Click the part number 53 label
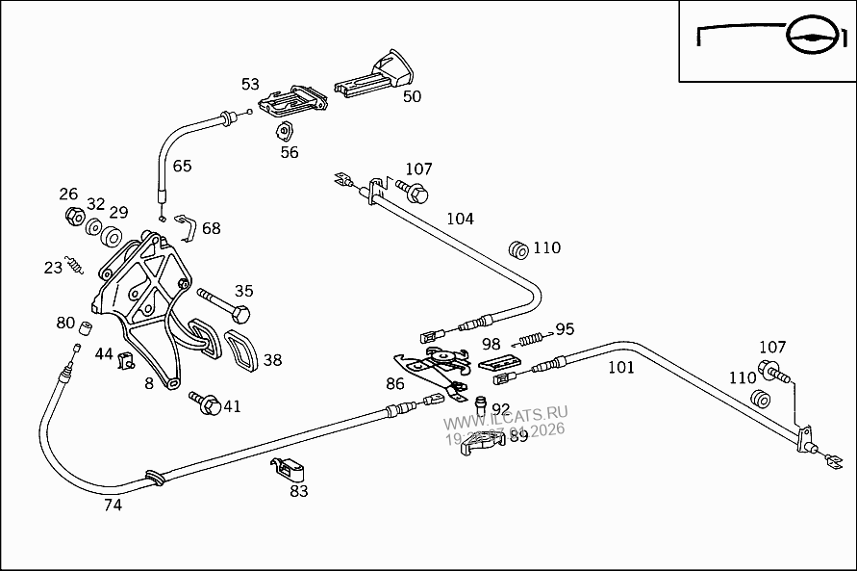tap(250, 85)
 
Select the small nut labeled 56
tap(285, 132)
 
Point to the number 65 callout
tap(182, 166)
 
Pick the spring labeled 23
tap(75, 264)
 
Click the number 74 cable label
tap(113, 505)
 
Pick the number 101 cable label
tap(620, 367)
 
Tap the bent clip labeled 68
tap(188, 227)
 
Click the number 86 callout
tap(395, 383)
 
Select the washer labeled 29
tap(111, 237)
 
